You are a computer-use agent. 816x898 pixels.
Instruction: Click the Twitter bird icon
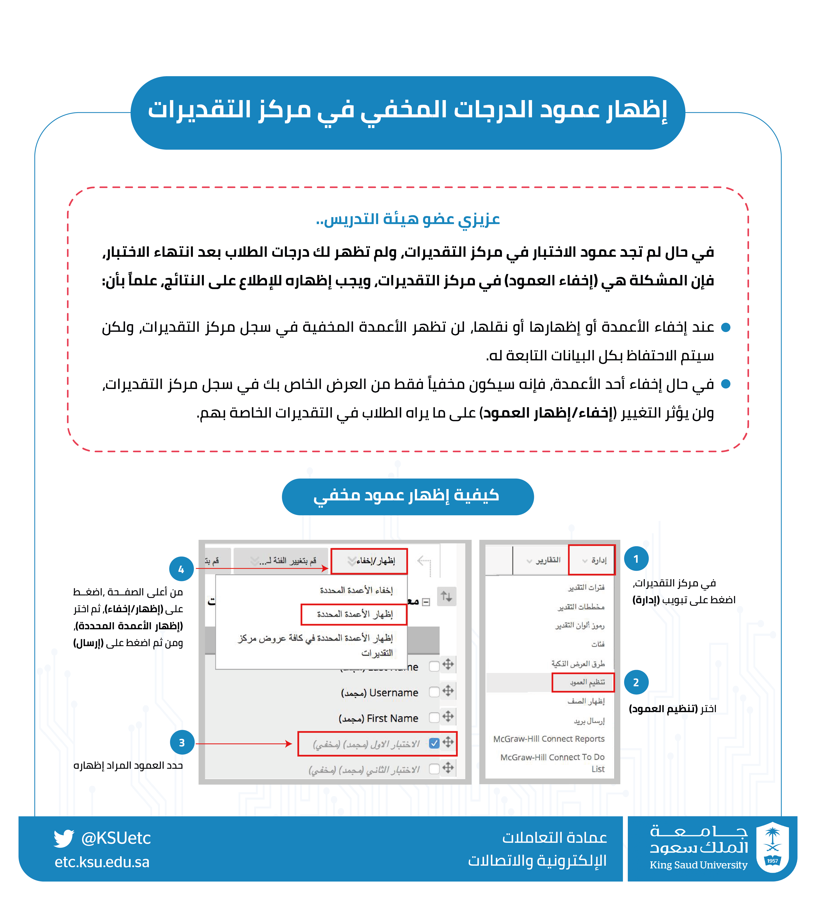click(x=64, y=838)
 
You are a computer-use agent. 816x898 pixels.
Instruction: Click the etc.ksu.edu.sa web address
click(x=102, y=862)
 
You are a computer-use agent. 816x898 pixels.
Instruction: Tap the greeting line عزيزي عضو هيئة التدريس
click(x=408, y=219)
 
